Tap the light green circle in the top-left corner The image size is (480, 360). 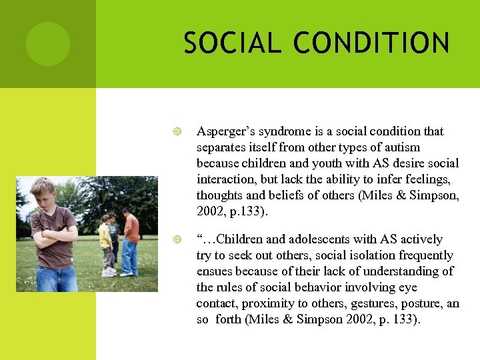[x=47, y=43]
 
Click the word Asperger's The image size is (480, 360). [x=226, y=131]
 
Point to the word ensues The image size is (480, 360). [x=214, y=271]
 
